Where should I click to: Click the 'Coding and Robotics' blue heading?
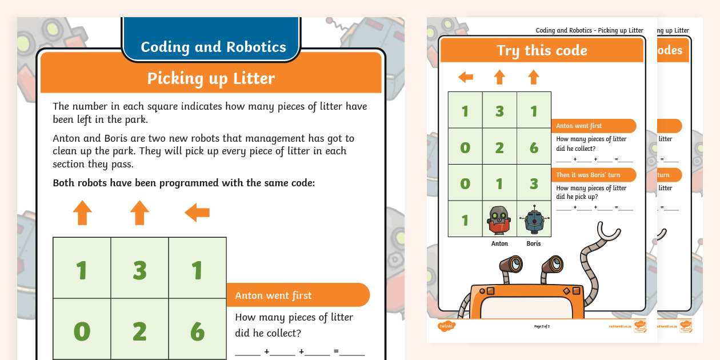coord(213,47)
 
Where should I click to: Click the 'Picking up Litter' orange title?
coord(211,78)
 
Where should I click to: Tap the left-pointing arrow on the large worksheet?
coord(197,213)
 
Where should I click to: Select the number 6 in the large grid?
coord(197,331)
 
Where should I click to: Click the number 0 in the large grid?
coord(82,331)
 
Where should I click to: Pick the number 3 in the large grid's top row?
coord(139,270)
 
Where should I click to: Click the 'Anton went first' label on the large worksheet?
coord(273,295)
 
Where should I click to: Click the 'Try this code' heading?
coord(541,50)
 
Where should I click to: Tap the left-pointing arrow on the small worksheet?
coord(466,77)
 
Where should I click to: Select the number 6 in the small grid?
coord(534,147)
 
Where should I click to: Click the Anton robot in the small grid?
coord(499,219)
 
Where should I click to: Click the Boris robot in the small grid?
coord(534,219)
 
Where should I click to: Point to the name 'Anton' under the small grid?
coord(499,243)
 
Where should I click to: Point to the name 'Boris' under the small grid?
coord(533,243)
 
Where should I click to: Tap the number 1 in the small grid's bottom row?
coord(465,219)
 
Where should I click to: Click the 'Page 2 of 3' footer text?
coord(542,326)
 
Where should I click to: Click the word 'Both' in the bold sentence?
coord(63,183)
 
